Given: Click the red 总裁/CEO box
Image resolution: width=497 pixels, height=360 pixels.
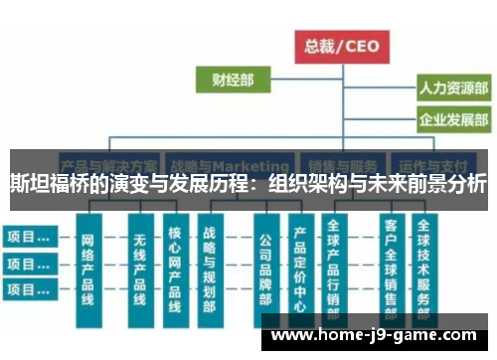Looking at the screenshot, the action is tap(342, 46).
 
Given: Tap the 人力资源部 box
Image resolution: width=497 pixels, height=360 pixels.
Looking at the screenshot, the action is tap(452, 89).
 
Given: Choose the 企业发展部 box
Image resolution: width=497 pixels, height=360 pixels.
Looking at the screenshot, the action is tap(452, 121).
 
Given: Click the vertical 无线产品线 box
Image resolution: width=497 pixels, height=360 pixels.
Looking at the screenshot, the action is tap(138, 269).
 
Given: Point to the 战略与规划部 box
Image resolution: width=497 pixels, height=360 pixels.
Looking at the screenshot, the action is tap(210, 269).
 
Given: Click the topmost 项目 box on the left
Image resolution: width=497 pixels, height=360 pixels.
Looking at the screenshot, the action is tap(28, 238).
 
